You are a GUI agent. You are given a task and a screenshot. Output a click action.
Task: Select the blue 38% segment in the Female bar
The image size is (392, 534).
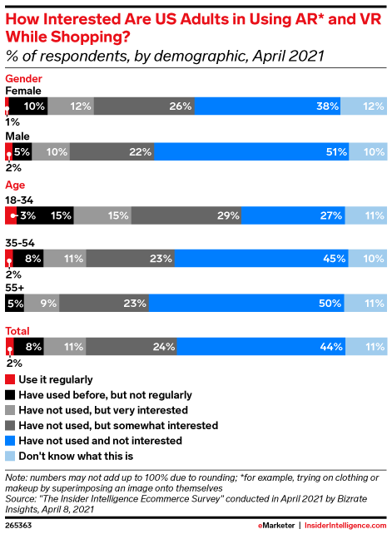(x=269, y=106)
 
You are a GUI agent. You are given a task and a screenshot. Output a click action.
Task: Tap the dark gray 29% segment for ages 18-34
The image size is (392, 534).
(x=186, y=215)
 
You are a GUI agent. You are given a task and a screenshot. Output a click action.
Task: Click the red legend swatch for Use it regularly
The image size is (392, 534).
(x=10, y=380)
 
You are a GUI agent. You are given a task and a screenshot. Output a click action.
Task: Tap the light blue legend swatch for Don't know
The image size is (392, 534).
(x=10, y=455)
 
